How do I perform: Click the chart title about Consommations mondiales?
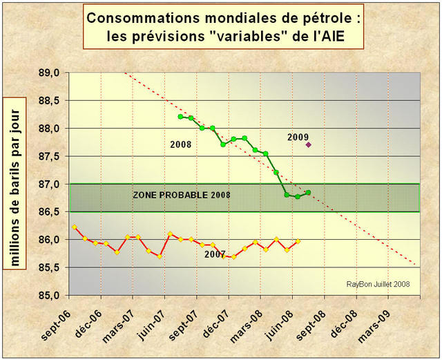click(224, 26)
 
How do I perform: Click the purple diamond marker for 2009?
click(308, 144)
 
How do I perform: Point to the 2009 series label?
click(299, 137)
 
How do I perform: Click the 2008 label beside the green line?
click(180, 144)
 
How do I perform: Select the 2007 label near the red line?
click(215, 254)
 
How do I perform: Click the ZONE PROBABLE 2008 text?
click(180, 196)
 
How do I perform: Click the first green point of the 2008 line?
click(180, 117)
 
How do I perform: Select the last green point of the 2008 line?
click(308, 192)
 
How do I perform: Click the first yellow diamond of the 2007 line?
click(74, 227)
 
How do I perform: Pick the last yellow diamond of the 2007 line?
click(298, 241)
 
